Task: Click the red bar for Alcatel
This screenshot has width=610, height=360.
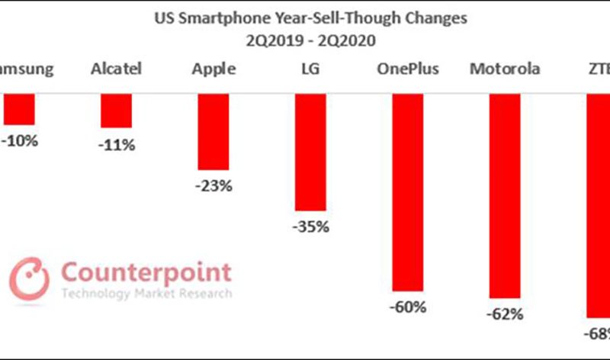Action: click(117, 111)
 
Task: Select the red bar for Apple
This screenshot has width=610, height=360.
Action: click(213, 131)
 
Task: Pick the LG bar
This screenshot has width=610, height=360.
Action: click(310, 152)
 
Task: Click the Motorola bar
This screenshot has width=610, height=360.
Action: click(504, 195)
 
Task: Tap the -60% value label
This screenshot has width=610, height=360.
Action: click(408, 307)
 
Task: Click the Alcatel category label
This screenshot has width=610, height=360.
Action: click(117, 69)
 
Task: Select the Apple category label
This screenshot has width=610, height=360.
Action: click(213, 69)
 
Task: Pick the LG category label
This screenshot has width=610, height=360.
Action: click(310, 69)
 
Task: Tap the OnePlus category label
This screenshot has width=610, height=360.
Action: click(407, 69)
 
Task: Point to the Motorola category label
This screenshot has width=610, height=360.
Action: click(504, 69)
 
